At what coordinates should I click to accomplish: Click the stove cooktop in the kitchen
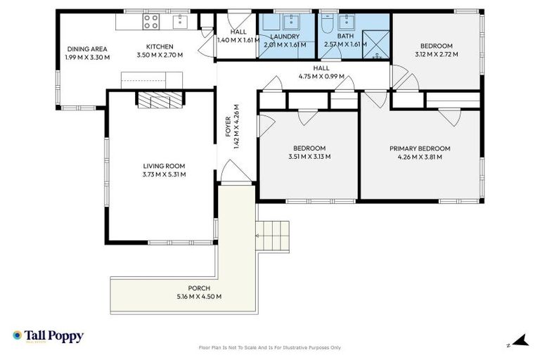point(151,22)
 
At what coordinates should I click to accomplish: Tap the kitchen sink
point(179,21)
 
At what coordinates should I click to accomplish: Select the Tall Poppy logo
point(48,336)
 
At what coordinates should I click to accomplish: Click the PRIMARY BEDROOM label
point(420,148)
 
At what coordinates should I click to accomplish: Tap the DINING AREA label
point(87,49)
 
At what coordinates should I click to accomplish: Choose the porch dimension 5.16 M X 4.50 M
point(198,297)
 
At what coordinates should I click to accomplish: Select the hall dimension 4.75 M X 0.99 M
point(321,77)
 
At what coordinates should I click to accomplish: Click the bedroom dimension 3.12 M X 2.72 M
point(436,53)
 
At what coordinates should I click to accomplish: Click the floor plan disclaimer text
point(269,347)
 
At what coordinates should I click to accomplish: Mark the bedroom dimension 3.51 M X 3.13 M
point(309,156)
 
